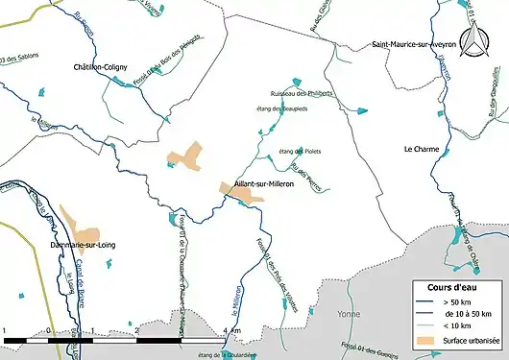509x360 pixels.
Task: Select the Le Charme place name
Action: click(422, 149)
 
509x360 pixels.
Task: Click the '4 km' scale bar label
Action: click(232, 331)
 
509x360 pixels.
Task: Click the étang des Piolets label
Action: click(298, 152)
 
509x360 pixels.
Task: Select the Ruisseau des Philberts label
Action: click(302, 93)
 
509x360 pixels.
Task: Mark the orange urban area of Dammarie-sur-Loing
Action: click(81, 227)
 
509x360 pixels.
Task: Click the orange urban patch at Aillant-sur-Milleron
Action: click(244, 193)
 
